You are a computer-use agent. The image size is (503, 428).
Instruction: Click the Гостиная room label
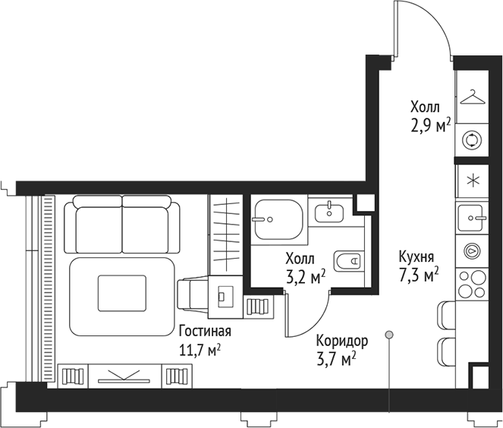(x=205, y=332)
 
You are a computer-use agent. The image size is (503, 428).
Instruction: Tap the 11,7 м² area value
(x=200, y=350)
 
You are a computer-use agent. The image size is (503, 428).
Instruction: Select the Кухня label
(x=417, y=256)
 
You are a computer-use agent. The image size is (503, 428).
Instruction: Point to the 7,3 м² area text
(x=419, y=275)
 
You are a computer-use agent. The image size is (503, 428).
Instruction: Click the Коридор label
(x=343, y=341)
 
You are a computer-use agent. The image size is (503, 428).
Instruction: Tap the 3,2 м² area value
(x=305, y=276)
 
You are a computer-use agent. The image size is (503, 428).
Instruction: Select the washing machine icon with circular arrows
(x=473, y=139)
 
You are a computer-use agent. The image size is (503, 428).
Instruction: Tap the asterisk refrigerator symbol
(x=473, y=181)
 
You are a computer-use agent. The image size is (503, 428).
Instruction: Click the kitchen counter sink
(x=473, y=219)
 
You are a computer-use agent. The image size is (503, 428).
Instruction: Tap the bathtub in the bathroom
(x=277, y=220)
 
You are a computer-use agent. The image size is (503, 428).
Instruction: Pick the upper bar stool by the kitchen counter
(x=445, y=314)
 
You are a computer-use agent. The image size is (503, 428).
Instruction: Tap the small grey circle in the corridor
(x=388, y=333)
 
